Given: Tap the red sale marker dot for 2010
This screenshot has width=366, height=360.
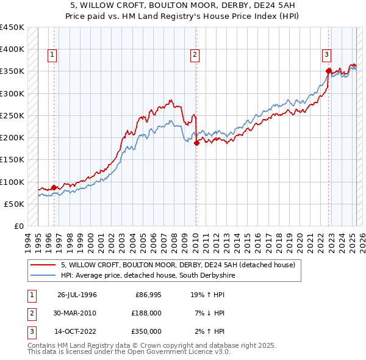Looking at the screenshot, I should (x=196, y=143).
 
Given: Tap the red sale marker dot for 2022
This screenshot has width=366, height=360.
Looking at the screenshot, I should (x=328, y=71).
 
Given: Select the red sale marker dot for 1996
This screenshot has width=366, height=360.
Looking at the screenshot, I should (x=54, y=187).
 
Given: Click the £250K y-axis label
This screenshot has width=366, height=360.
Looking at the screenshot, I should (x=12, y=115).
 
